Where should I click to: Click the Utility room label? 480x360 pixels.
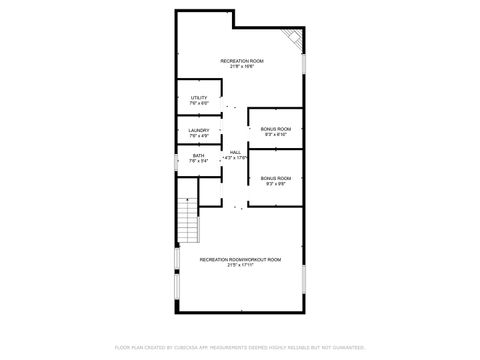[x=198, y=97]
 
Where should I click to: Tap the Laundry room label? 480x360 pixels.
[x=198, y=128]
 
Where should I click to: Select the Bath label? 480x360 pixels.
[x=198, y=155]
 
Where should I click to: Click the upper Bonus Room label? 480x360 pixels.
[x=276, y=128]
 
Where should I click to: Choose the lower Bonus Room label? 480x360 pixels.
[x=276, y=178]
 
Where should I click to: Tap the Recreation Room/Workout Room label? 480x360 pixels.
[x=240, y=259]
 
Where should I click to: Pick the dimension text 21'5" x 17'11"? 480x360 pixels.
[x=240, y=265]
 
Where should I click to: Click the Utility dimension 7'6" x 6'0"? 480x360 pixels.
[x=198, y=103]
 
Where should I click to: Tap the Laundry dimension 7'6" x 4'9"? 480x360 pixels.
[x=198, y=134]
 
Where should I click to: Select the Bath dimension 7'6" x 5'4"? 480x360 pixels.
[x=198, y=161]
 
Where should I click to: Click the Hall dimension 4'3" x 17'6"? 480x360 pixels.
[x=236, y=157]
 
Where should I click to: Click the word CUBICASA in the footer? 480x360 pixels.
[x=193, y=347]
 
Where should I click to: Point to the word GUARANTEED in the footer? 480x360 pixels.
[x=346, y=347]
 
